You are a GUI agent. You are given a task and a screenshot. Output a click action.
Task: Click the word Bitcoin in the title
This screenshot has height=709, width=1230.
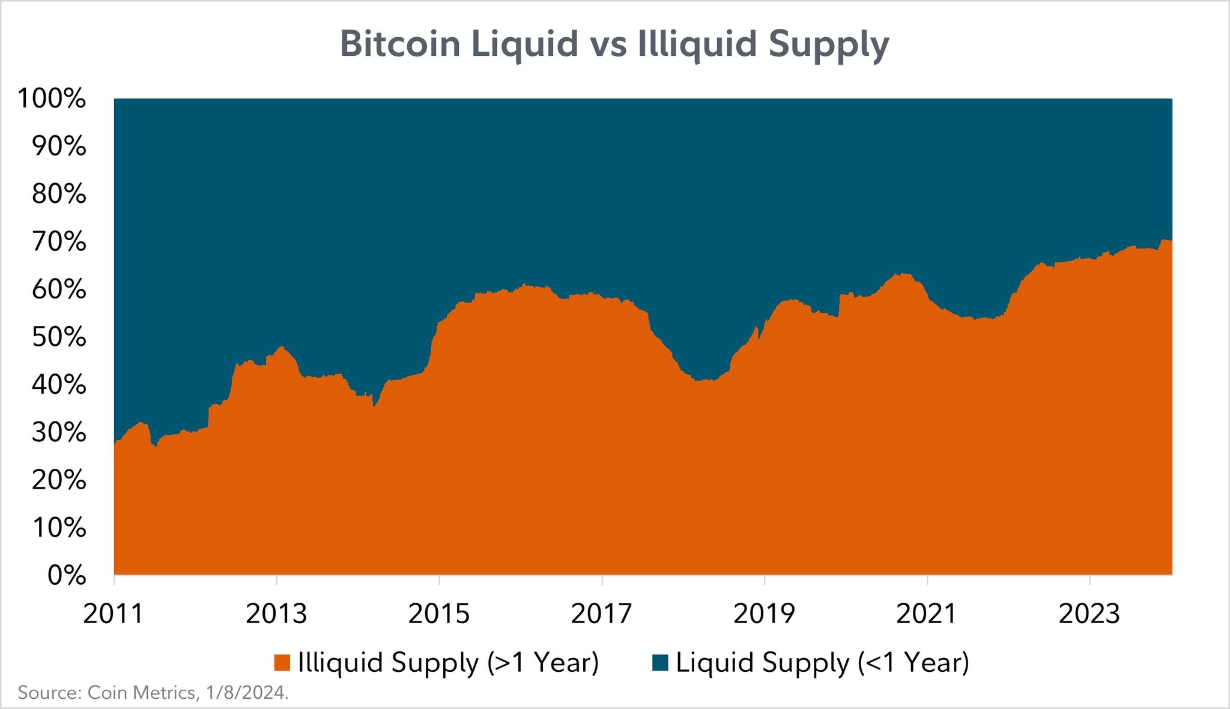(x=399, y=43)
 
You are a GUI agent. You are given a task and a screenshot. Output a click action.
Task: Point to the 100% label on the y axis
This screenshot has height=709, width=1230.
(x=52, y=99)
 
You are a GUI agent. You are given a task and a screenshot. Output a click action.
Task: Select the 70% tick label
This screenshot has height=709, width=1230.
(x=59, y=242)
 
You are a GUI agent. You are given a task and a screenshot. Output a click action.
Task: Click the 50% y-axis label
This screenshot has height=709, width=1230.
(x=59, y=337)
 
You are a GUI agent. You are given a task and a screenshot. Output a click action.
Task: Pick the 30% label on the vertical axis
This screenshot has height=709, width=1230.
(x=59, y=432)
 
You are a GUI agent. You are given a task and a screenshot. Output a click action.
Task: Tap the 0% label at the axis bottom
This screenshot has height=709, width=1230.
(x=65, y=575)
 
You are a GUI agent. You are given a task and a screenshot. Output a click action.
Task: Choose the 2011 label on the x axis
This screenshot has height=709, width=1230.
(x=114, y=614)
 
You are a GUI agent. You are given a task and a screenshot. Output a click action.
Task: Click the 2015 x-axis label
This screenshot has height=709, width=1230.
(x=439, y=614)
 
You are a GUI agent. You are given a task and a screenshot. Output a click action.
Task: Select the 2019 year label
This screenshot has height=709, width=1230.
(x=764, y=614)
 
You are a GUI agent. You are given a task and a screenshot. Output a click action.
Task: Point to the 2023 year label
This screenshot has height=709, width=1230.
(x=1089, y=614)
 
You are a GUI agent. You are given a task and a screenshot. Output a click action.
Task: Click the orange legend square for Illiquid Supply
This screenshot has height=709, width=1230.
(x=282, y=663)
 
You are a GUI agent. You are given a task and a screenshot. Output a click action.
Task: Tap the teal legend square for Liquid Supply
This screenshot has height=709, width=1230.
(x=660, y=663)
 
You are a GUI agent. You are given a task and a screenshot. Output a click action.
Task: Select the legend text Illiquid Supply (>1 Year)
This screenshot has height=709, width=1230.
(x=448, y=663)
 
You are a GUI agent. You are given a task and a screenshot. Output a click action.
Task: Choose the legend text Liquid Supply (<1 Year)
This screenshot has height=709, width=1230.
(x=822, y=663)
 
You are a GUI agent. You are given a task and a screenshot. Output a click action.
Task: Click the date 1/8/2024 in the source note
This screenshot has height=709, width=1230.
(x=246, y=693)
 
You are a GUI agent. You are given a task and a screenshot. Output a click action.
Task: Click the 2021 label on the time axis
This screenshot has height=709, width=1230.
(x=927, y=614)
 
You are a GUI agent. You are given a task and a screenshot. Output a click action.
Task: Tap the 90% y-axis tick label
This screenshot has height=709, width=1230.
(x=59, y=146)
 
